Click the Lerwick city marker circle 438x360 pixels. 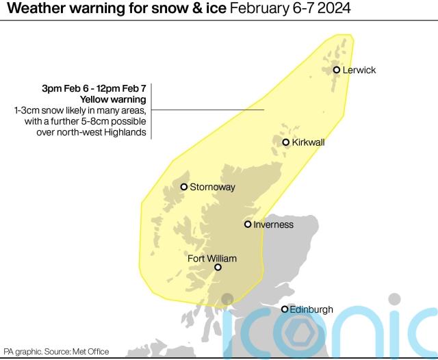337,70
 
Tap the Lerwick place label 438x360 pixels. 359,70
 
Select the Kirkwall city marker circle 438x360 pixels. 286,142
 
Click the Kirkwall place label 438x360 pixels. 308,142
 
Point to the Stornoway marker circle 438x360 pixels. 184,187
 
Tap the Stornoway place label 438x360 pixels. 212,187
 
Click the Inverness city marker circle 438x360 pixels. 248,224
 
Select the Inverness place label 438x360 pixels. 273,224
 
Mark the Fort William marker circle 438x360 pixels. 218,268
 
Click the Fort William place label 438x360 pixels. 212,259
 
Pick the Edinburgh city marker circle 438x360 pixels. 285,309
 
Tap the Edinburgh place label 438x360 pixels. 311,309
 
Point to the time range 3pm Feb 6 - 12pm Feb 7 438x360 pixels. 94,88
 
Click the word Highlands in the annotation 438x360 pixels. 127,132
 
